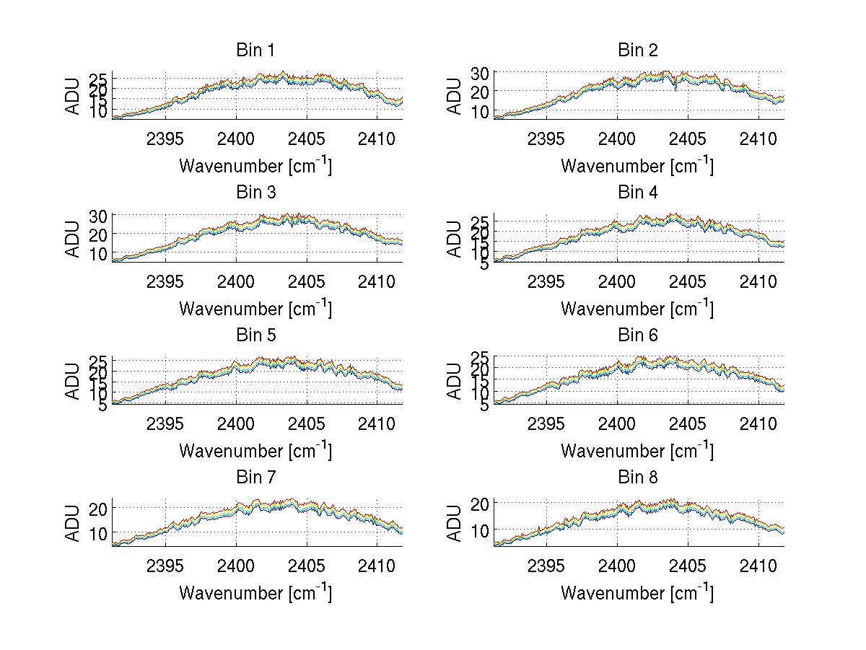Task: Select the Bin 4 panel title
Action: pos(637,193)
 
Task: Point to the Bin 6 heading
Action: pos(637,335)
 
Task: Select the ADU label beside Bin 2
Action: pos(455,96)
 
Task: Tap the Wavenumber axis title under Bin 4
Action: pos(637,309)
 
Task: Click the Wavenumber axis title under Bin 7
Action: pos(255,593)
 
